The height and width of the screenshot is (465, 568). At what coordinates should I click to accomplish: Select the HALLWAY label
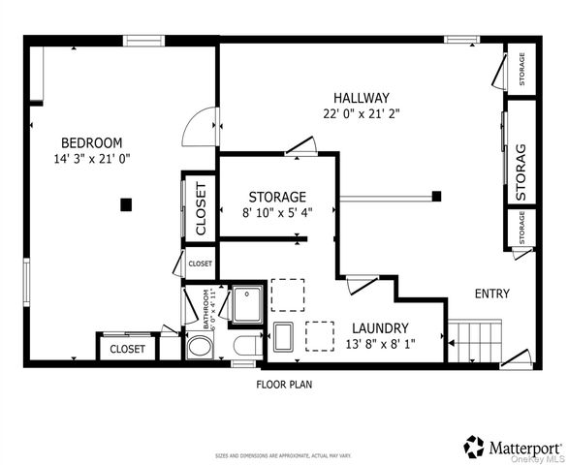[361, 98]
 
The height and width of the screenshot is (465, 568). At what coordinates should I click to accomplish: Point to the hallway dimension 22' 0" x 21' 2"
[361, 113]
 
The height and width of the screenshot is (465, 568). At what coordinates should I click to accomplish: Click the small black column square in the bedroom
[125, 203]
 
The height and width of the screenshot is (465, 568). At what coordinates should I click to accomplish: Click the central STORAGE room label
[277, 197]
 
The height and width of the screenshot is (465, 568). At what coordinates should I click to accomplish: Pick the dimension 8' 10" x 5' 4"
[277, 213]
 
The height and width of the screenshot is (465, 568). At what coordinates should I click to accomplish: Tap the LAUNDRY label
[380, 328]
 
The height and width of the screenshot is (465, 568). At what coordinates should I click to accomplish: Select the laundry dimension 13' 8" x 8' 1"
[380, 344]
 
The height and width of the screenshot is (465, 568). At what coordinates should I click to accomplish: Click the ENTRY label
[491, 294]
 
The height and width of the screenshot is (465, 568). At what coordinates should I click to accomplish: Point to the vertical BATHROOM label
[205, 309]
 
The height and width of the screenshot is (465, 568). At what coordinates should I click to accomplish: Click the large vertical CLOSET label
[201, 207]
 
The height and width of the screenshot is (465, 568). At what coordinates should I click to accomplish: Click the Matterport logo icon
[475, 447]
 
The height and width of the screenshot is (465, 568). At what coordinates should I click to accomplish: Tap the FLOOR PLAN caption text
[283, 384]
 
